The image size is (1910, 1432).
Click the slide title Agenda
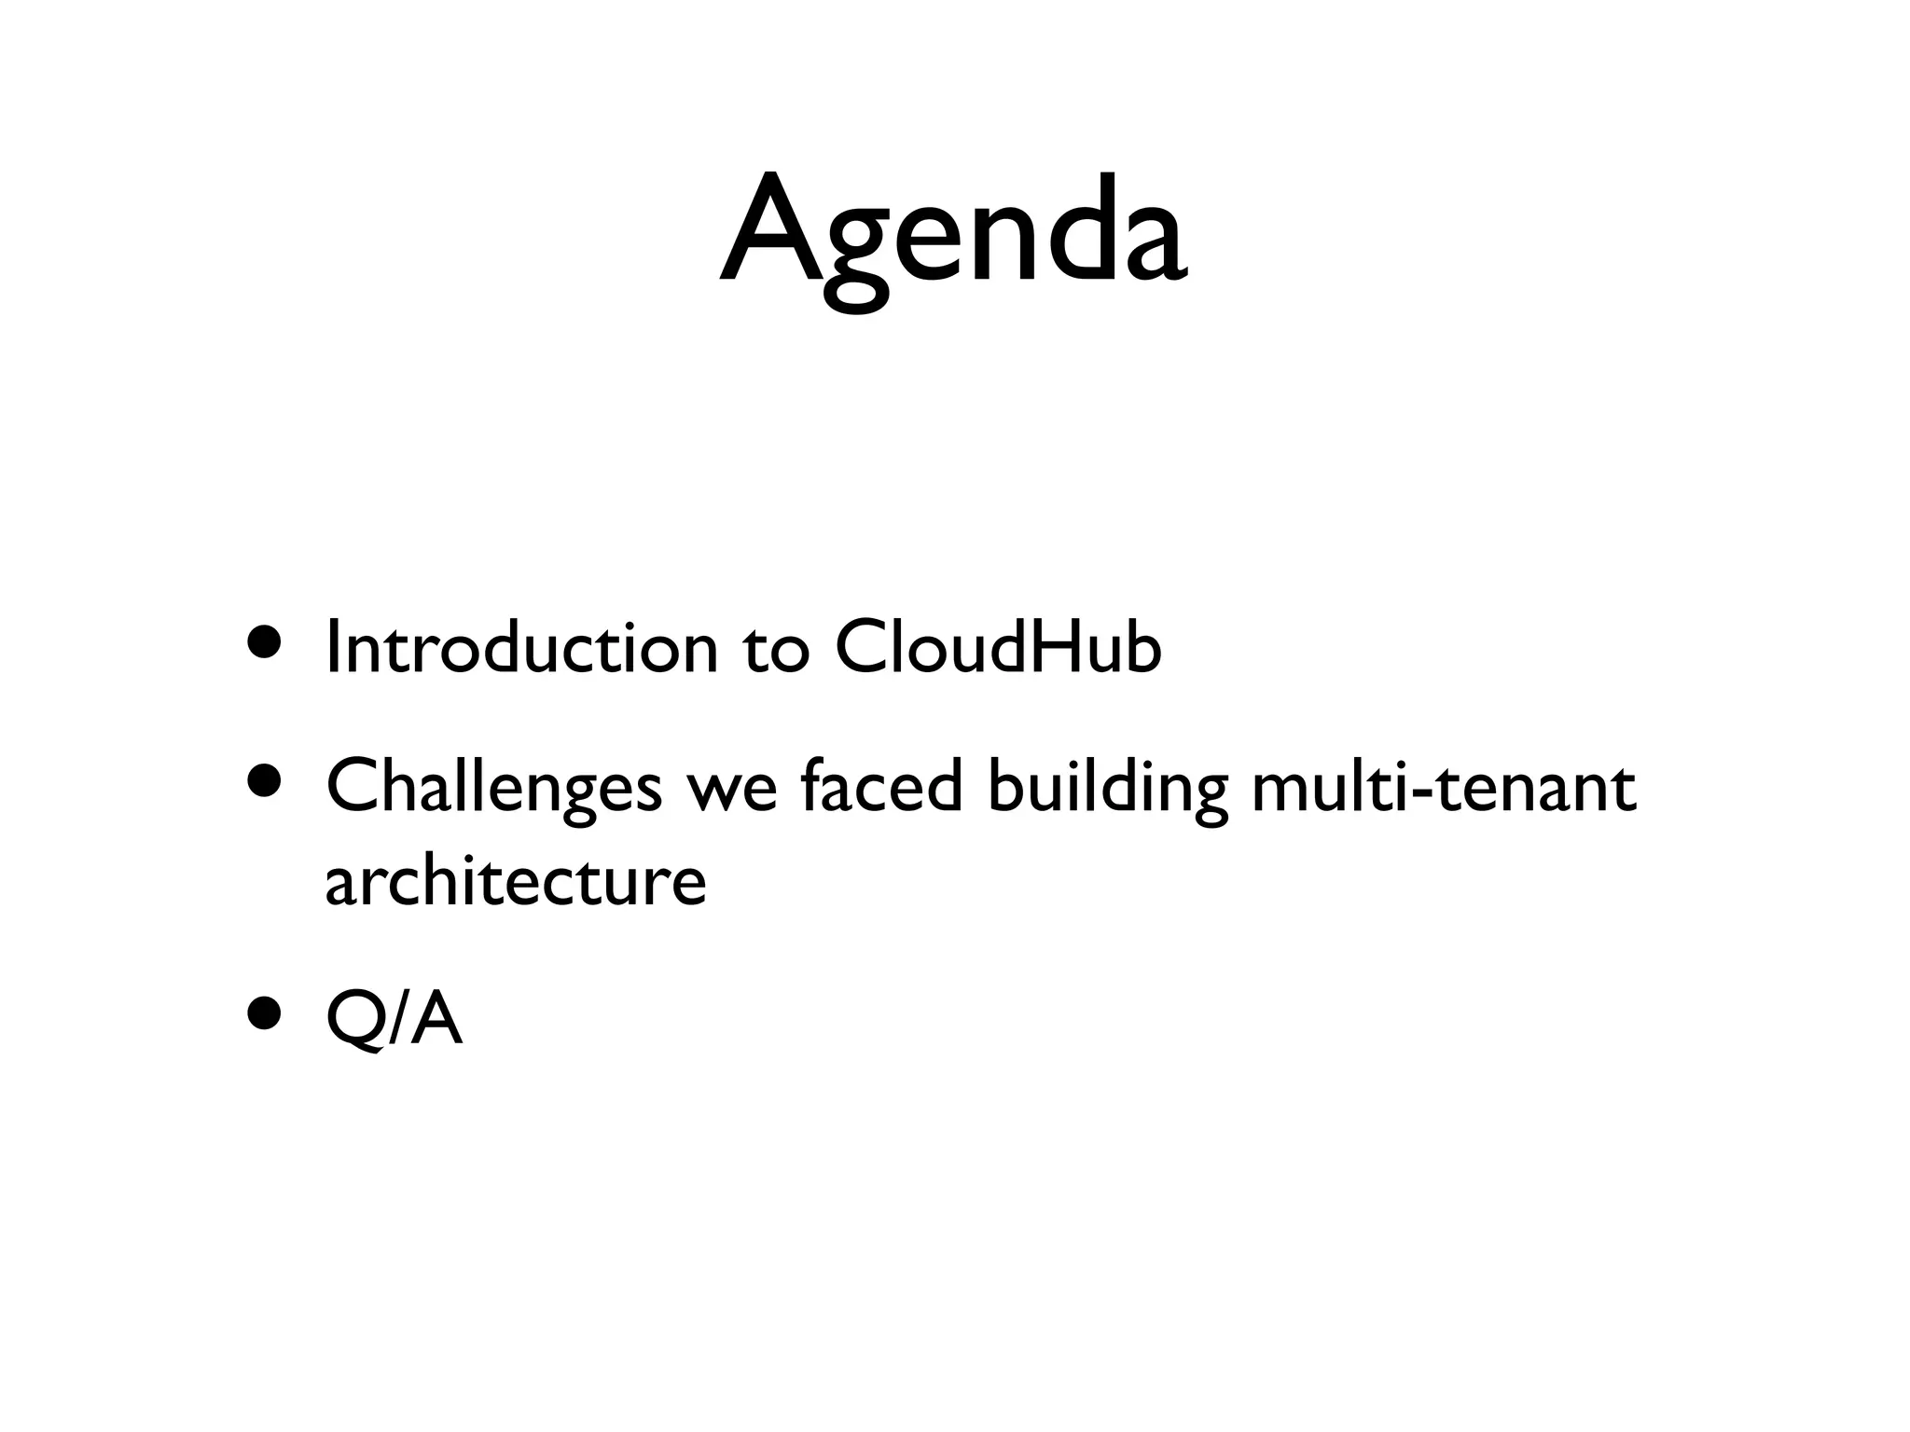pos(953,233)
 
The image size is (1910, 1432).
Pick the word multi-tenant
pos(1443,787)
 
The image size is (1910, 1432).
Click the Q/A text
pos(394,1020)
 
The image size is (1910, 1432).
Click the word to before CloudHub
pos(776,649)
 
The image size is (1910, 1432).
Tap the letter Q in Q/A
pos(353,1020)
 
